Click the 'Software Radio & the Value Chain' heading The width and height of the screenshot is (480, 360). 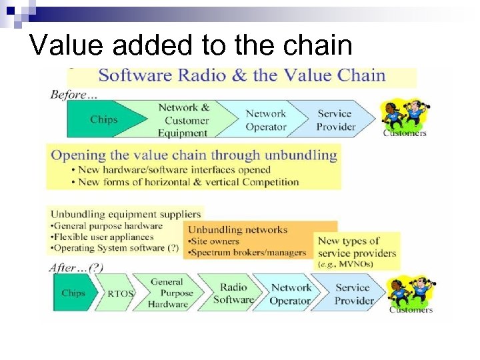241,75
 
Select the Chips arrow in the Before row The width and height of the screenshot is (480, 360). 104,120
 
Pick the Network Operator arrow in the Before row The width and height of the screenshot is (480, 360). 265,120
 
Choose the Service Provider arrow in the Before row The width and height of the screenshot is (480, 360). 335,120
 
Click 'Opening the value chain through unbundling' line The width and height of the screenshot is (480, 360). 194,155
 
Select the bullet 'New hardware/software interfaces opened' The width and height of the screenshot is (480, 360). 171,170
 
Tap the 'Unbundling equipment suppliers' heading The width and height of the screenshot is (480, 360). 125,214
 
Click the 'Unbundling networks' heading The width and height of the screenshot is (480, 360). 237,229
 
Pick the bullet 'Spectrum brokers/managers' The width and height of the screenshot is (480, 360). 247,253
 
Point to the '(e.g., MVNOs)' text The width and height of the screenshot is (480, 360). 346,264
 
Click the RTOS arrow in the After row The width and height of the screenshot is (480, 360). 121,293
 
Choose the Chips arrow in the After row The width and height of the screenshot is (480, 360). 73,293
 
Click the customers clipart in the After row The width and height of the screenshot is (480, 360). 409,293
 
